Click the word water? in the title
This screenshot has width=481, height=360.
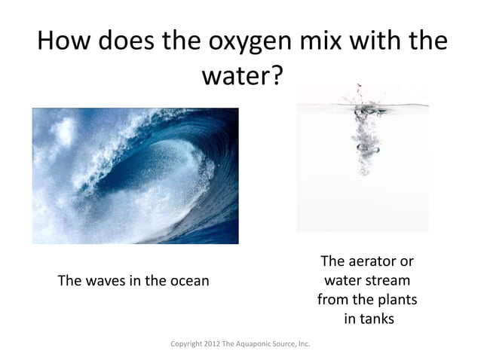pyautogui.click(x=241, y=76)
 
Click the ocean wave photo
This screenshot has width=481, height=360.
pyautogui.click(x=135, y=175)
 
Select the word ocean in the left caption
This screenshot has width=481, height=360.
pyautogui.click(x=187, y=281)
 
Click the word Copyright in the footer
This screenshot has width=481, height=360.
pyautogui.click(x=189, y=344)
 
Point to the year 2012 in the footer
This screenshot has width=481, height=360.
pyautogui.click(x=216, y=344)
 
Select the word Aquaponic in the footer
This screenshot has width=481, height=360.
pyautogui.click(x=259, y=344)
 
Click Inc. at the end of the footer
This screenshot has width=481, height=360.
pyautogui.click(x=304, y=344)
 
